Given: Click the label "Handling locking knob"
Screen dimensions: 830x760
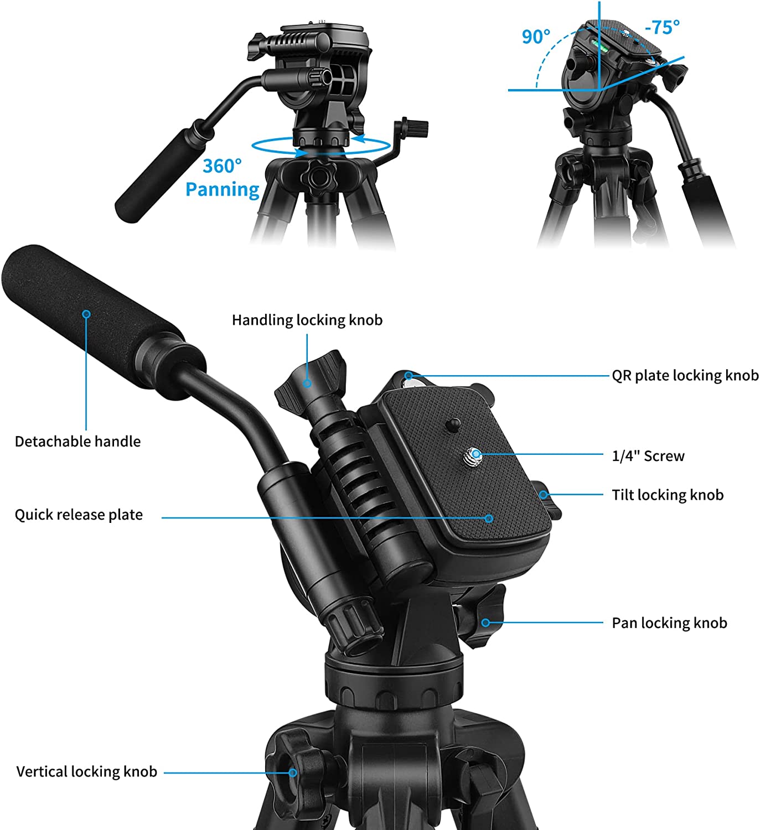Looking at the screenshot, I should point(307,320).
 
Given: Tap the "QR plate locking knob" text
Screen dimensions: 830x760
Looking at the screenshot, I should point(685,376).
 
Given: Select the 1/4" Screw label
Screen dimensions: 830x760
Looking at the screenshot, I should point(648,456).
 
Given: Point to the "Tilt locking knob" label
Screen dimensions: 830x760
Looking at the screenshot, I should point(668,495).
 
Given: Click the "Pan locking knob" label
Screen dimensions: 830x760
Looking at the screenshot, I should point(669,623).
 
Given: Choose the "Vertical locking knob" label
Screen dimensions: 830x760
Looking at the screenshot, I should point(87,772).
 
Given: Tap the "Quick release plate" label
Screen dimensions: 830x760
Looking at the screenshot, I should point(79,515).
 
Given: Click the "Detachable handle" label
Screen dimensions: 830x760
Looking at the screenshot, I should point(77,442).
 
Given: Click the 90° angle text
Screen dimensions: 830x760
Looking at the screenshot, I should point(536,37).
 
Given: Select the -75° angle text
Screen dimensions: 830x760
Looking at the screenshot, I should point(662,27).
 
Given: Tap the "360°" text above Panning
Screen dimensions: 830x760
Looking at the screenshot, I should point(222,166).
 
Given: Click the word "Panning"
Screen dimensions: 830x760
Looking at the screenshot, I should point(222,189).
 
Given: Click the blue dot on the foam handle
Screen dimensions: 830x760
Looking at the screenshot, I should point(86,314).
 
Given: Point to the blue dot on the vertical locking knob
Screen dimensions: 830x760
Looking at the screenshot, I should point(292,773).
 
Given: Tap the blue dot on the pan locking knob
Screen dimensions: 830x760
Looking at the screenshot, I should point(485,622).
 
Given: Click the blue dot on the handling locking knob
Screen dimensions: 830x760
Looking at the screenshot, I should point(307,383).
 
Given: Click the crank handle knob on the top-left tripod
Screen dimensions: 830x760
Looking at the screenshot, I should point(415,127).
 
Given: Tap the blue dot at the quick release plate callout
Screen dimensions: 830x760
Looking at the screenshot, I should point(489,518).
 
